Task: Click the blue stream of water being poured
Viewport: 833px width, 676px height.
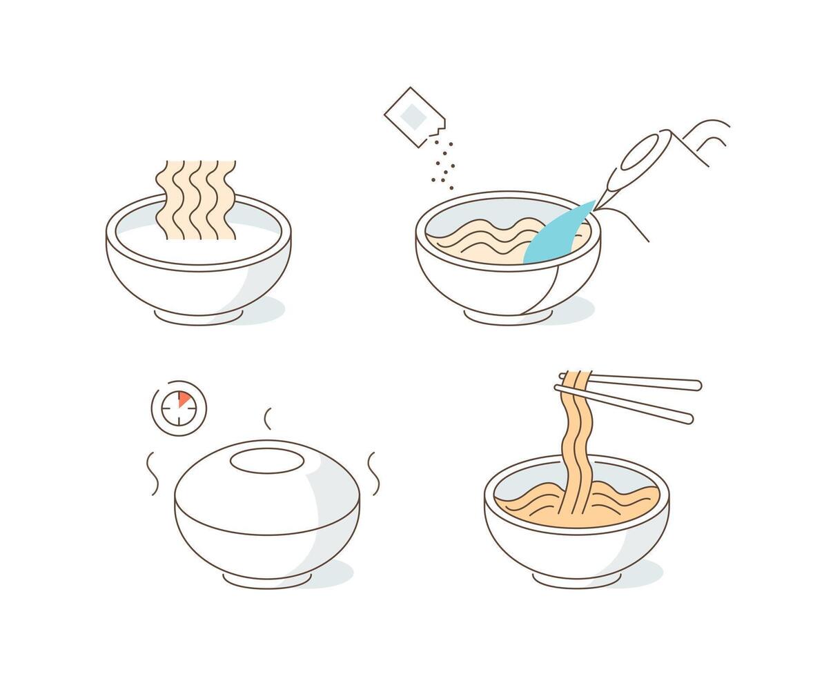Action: click(x=558, y=235)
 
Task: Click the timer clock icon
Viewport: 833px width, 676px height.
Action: click(x=179, y=408)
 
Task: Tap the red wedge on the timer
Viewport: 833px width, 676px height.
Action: click(x=184, y=399)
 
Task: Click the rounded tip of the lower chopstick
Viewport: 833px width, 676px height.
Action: click(x=687, y=418)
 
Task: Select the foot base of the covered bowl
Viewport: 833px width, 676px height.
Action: click(x=266, y=581)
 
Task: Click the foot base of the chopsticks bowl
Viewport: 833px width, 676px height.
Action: click(x=576, y=581)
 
